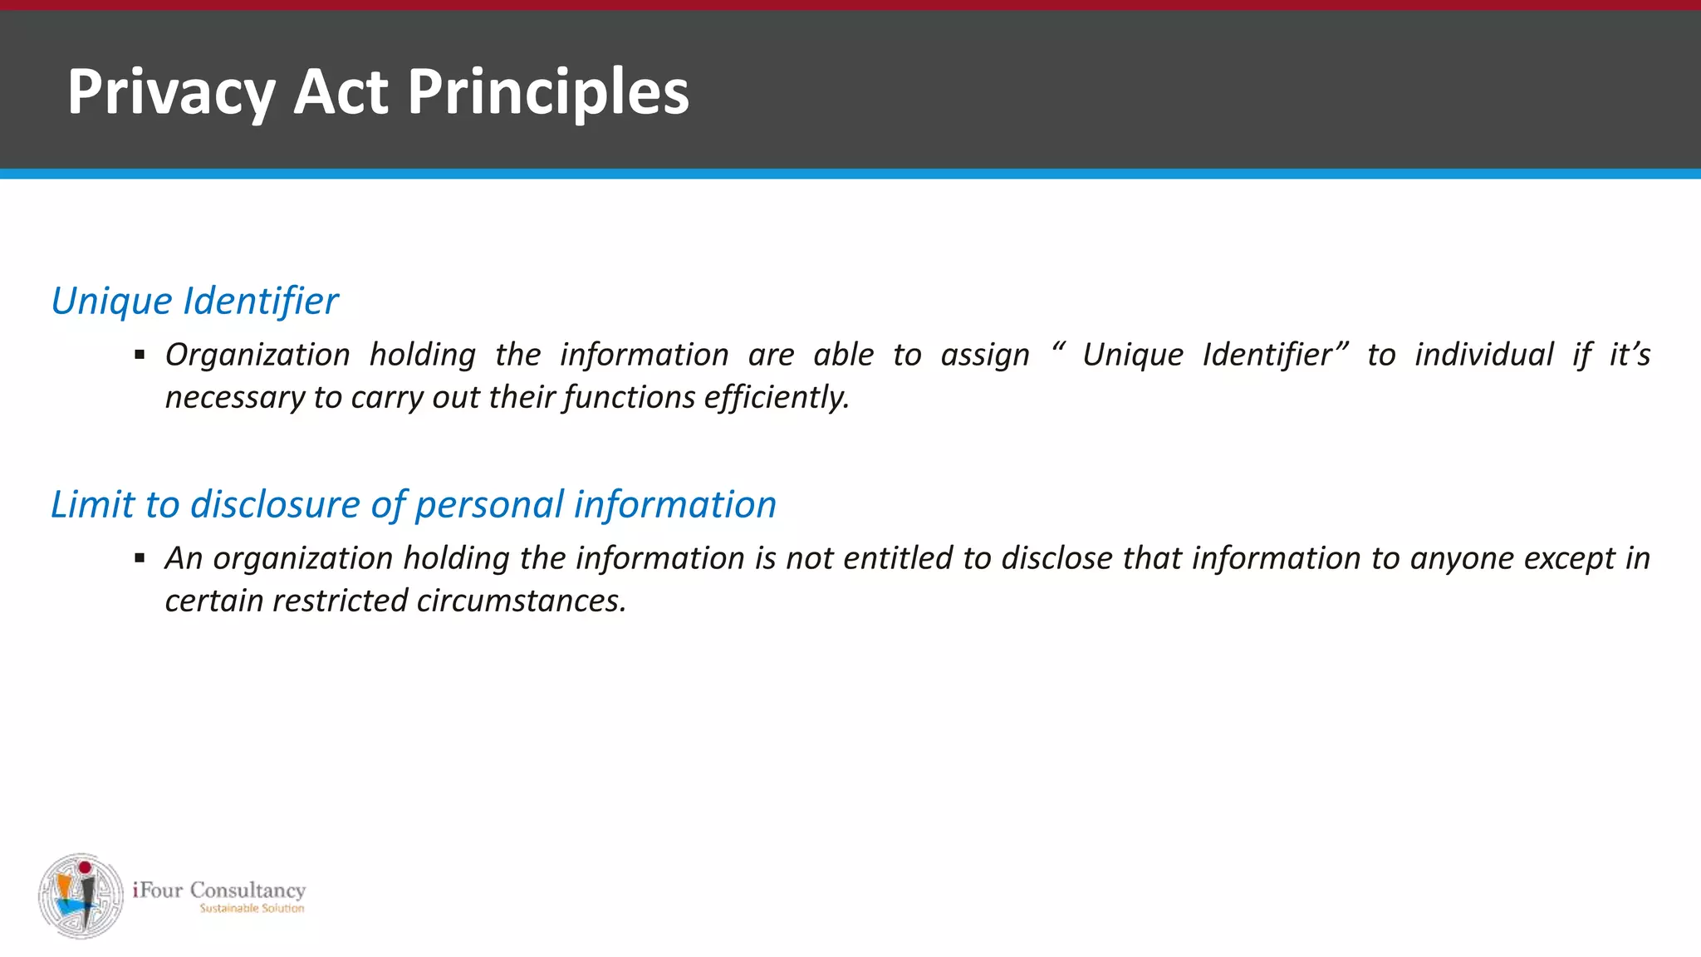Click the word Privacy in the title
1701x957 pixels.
[x=171, y=91]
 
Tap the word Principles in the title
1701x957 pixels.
[x=548, y=91]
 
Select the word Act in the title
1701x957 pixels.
[x=341, y=91]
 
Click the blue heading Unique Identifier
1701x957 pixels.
[x=194, y=301]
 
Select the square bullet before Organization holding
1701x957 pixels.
[x=140, y=356]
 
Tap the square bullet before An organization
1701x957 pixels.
[x=140, y=558]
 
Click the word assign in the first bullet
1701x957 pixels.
[x=985, y=356]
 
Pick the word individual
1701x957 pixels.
[x=1484, y=355]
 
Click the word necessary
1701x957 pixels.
[x=234, y=397]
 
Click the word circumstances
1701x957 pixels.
[x=521, y=601]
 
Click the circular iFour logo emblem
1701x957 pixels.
[x=81, y=896]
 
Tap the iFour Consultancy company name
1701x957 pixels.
[x=219, y=891]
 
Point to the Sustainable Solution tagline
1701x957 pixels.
[x=252, y=909]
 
